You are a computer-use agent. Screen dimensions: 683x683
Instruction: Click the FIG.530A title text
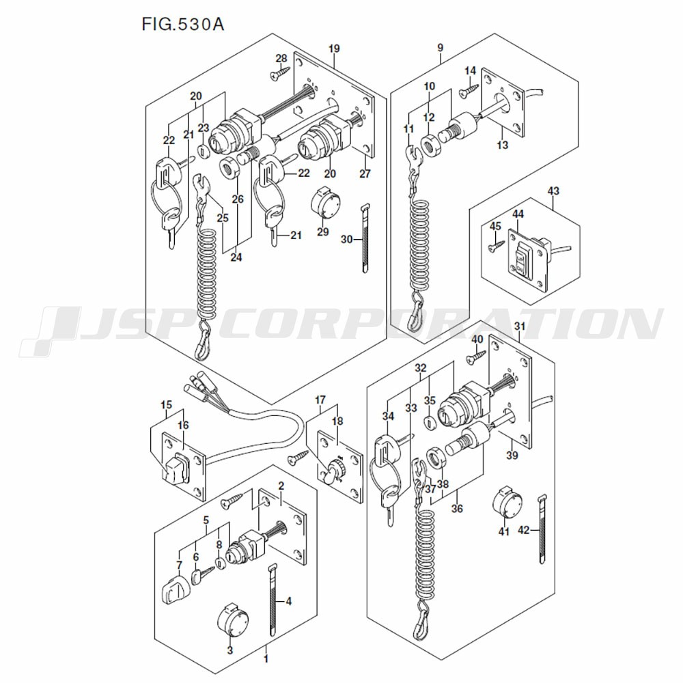click(182, 25)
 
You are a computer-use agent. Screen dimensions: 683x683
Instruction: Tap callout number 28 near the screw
click(281, 58)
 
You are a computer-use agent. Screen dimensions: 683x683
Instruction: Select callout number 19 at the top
click(334, 48)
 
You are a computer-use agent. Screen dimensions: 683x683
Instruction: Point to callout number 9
click(440, 48)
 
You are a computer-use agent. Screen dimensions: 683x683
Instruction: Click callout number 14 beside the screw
click(470, 72)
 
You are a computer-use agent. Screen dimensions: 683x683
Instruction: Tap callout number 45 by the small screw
click(495, 227)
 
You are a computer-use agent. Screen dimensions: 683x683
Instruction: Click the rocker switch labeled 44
click(522, 262)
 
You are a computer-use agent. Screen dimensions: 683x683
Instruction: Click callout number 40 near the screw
click(477, 339)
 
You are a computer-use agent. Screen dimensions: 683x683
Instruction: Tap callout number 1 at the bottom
click(266, 660)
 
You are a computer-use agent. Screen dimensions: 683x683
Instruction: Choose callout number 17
click(320, 399)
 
